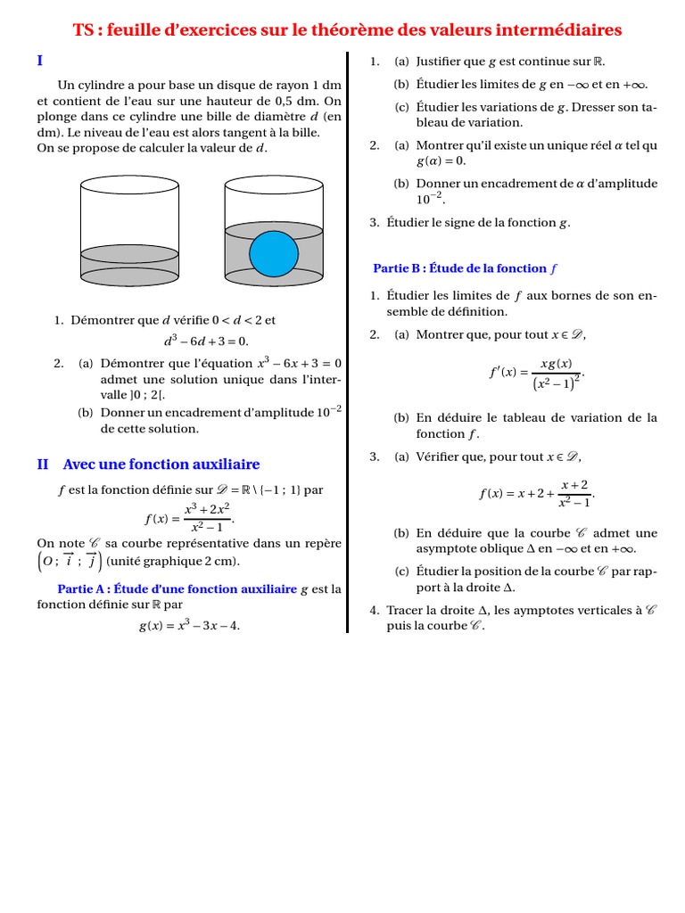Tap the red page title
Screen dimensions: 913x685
pos(347,30)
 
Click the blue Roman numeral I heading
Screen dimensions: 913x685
pos(40,61)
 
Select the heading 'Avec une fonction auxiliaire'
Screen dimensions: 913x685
pos(161,465)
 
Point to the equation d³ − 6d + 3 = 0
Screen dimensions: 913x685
pos(207,341)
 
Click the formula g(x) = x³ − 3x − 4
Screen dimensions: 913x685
pos(189,625)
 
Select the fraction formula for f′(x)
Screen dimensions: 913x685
pos(538,373)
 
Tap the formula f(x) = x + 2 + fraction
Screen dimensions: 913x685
pos(536,493)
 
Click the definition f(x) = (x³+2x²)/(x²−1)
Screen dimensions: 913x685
pos(189,518)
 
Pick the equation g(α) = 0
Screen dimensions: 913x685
pos(441,161)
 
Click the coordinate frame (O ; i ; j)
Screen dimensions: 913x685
pos(70,560)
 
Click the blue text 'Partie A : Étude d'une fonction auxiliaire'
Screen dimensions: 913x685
pos(177,589)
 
